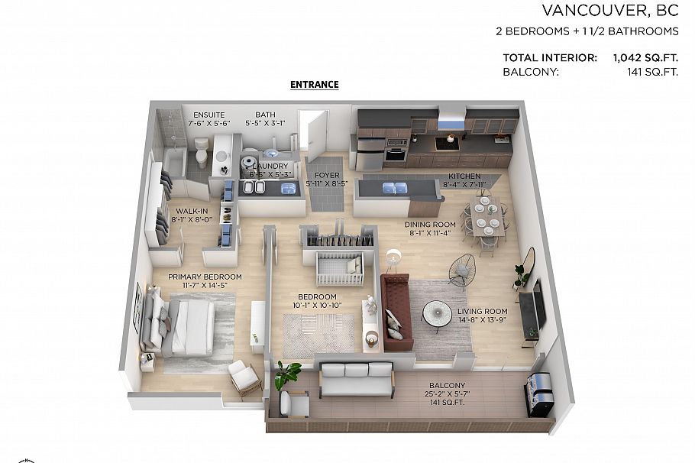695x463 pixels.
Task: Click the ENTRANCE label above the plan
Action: pyautogui.click(x=314, y=85)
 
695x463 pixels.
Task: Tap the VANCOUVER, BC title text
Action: pyautogui.click(x=610, y=11)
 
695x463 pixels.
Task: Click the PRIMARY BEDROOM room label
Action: pyautogui.click(x=205, y=277)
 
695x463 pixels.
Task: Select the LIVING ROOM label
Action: pyautogui.click(x=482, y=311)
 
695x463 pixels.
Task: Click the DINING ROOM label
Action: pyautogui.click(x=430, y=225)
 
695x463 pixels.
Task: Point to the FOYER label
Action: pyautogui.click(x=327, y=176)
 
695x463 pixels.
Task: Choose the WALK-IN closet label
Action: pyautogui.click(x=187, y=210)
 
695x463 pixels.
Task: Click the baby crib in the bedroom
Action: pyautogui.click(x=339, y=267)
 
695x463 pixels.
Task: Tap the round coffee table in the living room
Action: pyautogui.click(x=437, y=312)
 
